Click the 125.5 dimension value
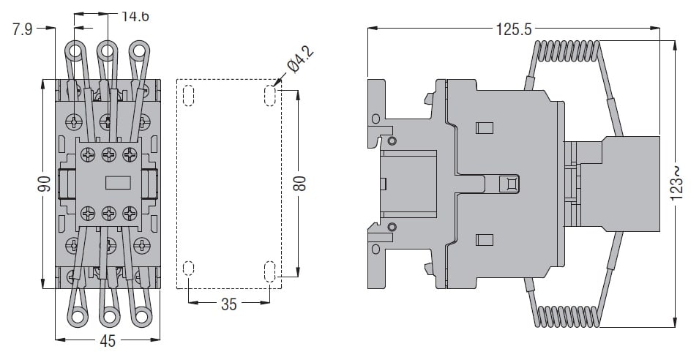[514, 29]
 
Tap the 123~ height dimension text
[676, 183]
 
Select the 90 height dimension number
[44, 184]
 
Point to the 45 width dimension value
[108, 341]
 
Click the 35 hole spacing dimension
[228, 304]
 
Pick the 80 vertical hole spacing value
[299, 183]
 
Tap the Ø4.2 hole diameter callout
[300, 60]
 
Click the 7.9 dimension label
[22, 29]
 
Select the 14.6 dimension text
[135, 17]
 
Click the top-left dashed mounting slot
[189, 95]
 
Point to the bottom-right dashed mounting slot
[269, 271]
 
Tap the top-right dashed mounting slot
[269, 95]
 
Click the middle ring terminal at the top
[107, 50]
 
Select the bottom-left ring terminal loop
[78, 318]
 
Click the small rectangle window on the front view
[118, 183]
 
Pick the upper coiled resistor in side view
[567, 50]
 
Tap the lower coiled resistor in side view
[567, 316]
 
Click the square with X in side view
[509, 184]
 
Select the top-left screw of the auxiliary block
[88, 154]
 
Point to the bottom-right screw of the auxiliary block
[130, 213]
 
